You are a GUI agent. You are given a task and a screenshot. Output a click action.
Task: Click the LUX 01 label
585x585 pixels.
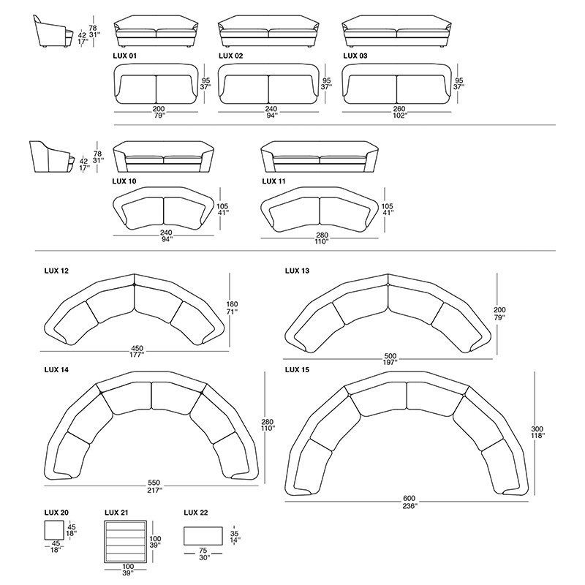124,56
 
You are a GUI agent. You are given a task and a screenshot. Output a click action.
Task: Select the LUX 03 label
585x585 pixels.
355,56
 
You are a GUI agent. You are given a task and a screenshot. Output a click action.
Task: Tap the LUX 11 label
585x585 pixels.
273,181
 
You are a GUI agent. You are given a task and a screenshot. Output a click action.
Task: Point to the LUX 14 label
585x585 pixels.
56,370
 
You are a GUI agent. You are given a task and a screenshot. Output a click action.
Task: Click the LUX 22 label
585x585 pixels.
196,513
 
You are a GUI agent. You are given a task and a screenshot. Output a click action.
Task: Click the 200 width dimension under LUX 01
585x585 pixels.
159,109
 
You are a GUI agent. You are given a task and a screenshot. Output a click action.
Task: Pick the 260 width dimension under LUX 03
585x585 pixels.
399,109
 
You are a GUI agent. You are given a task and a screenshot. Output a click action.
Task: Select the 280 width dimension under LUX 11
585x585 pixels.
322,235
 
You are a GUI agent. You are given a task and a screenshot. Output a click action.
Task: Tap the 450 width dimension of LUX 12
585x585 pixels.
137,349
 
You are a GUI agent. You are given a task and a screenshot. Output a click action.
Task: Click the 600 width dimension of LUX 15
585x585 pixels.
409,499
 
